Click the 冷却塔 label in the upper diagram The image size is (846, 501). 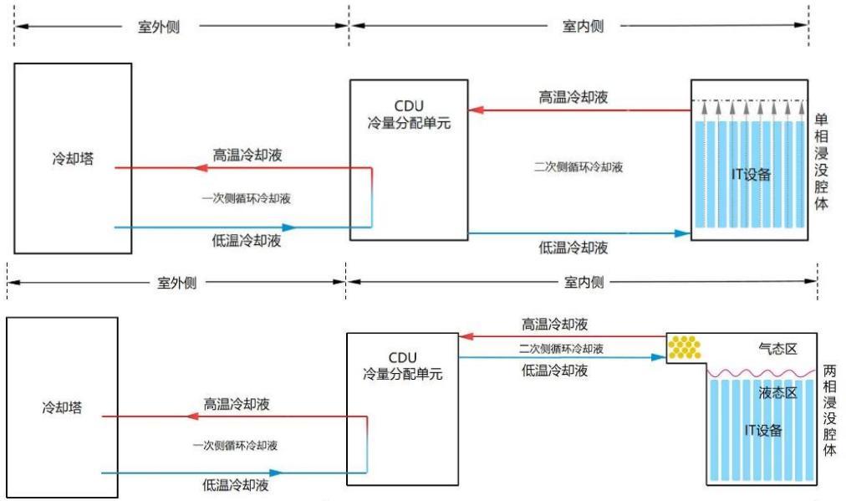pyautogui.click(x=73, y=159)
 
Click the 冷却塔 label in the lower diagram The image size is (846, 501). pyautogui.click(x=62, y=407)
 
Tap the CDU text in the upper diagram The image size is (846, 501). pyautogui.click(x=409, y=106)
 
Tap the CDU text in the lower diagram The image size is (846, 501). pyautogui.click(x=402, y=358)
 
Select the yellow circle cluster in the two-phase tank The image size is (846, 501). pyautogui.click(x=685, y=347)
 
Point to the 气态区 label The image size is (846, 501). pyautogui.click(x=777, y=349)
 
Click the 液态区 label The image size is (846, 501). pyautogui.click(x=777, y=392)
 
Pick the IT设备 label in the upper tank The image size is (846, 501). pyautogui.click(x=751, y=174)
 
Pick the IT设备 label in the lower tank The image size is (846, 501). pyautogui.click(x=763, y=430)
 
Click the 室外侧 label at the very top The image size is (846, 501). pyautogui.click(x=159, y=27)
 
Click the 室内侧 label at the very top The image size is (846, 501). pyautogui.click(x=583, y=26)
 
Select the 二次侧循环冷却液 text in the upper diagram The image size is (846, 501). pyautogui.click(x=578, y=167)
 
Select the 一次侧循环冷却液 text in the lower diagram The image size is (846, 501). pyautogui.click(x=235, y=446)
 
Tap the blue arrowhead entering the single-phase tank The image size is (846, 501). pyautogui.click(x=683, y=233)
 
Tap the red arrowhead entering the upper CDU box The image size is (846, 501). pyautogui.click(x=476, y=110)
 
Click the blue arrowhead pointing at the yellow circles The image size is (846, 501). pyautogui.click(x=659, y=357)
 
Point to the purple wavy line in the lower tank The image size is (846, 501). pyautogui.click(x=762, y=372)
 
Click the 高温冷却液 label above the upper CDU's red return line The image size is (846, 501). pyautogui.click(x=573, y=97)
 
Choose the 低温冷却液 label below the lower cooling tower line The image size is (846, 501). pyautogui.click(x=236, y=485)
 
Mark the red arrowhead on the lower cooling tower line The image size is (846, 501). pyautogui.click(x=193, y=417)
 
